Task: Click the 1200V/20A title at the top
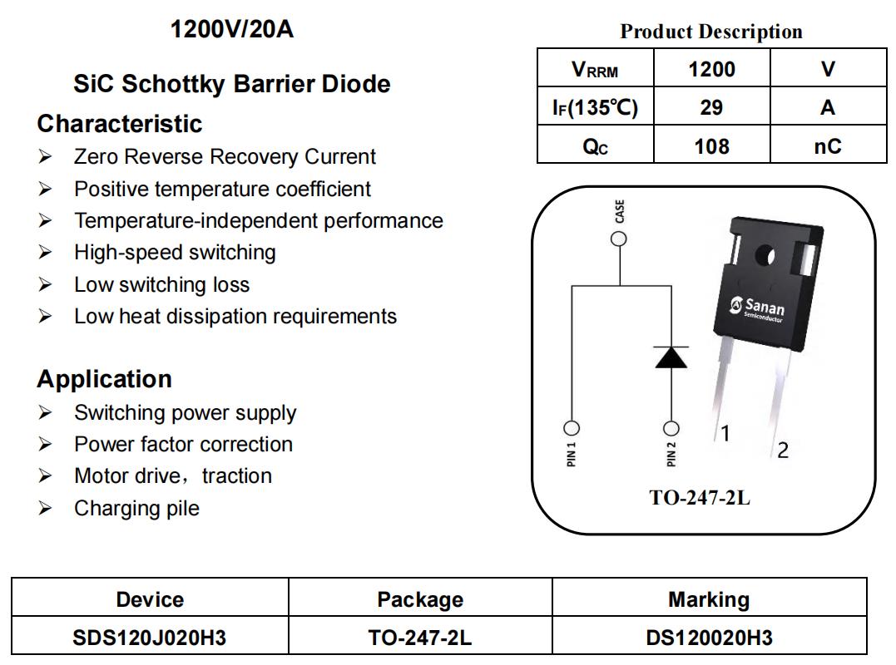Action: (x=232, y=29)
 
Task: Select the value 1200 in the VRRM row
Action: (x=711, y=69)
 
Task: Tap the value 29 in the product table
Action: (x=711, y=107)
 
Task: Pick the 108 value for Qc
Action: (x=711, y=146)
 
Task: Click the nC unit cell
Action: (x=828, y=146)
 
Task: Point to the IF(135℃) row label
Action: (x=595, y=107)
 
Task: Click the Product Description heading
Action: (x=711, y=32)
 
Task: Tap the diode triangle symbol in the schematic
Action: (x=671, y=357)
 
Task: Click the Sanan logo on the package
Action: (x=757, y=309)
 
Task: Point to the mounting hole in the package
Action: (x=764, y=257)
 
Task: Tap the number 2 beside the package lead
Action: (x=783, y=451)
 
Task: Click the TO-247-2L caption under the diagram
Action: (x=700, y=498)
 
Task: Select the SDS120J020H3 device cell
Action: (x=150, y=637)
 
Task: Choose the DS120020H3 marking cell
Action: (x=709, y=637)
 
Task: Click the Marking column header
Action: (x=709, y=599)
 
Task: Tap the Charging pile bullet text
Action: (x=137, y=508)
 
